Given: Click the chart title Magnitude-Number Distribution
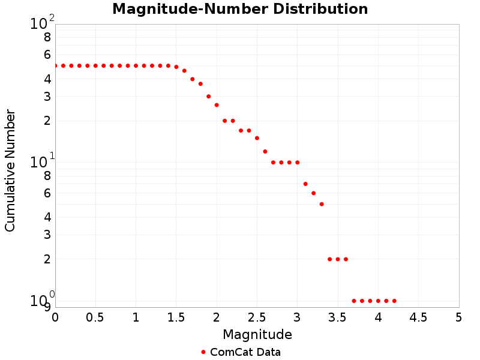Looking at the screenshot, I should pos(240,10).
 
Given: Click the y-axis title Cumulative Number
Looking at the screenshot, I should pos(10,170).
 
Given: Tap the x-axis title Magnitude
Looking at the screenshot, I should pos(257,334).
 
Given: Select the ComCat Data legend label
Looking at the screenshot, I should pos(245,352).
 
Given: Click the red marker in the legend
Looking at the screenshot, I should pos(203,352).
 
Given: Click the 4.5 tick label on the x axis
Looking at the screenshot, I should pos(418,317).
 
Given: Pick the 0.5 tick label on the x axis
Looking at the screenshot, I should pos(95,317).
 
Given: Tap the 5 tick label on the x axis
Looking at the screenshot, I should pos(458,317).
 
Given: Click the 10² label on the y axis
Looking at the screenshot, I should pos(42,23).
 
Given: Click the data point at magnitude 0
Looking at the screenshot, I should pos(55,65).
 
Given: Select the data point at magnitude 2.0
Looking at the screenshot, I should pos(217,105).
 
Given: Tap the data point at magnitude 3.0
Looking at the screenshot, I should pos(297,163).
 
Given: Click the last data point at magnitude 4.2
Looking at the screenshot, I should pos(394,301).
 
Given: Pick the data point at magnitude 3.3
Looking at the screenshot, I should pos(322,204).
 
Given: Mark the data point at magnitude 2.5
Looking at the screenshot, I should pos(257,138).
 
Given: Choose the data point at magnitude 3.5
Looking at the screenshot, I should pos(338,259).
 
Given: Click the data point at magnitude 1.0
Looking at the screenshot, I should pos(136,65).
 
